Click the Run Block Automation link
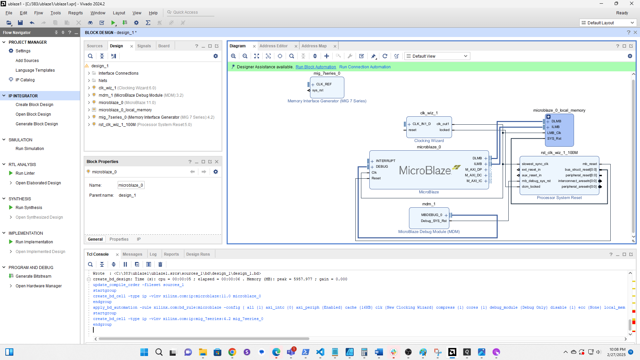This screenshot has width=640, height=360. click(x=316, y=67)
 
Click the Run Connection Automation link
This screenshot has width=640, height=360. click(x=365, y=67)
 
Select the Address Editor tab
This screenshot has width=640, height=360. click(x=273, y=46)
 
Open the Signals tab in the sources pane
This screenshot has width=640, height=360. click(x=144, y=46)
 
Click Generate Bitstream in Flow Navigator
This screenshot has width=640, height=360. click(x=33, y=276)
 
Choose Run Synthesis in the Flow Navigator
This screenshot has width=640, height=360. click(x=29, y=208)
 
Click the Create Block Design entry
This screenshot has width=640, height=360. click(x=34, y=105)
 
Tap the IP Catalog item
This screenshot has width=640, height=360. click(x=25, y=80)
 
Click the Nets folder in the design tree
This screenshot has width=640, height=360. click(x=103, y=81)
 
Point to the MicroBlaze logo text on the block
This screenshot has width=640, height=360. click(x=425, y=171)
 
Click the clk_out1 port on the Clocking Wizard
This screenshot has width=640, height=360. click(x=443, y=124)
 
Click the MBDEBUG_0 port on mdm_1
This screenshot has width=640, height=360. click(x=432, y=215)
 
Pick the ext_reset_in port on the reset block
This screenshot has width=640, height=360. click(x=531, y=170)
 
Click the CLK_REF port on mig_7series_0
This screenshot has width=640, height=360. click(x=324, y=84)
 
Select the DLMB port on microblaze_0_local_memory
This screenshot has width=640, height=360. click(x=556, y=121)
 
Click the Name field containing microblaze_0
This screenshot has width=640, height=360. click(x=131, y=185)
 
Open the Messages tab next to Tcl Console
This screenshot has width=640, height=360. click(x=132, y=254)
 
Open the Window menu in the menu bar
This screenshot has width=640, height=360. click(x=98, y=13)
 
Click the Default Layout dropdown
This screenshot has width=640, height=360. click(x=607, y=23)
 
